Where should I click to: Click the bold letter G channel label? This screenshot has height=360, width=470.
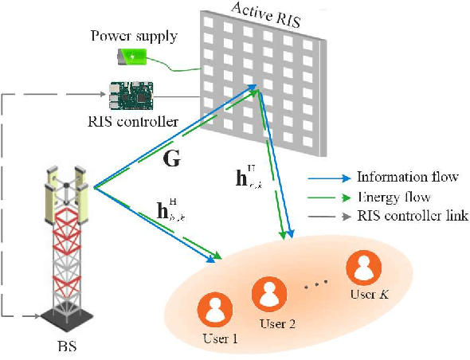pos(171,159)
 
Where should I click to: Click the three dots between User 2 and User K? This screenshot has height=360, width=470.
pos(318,284)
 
